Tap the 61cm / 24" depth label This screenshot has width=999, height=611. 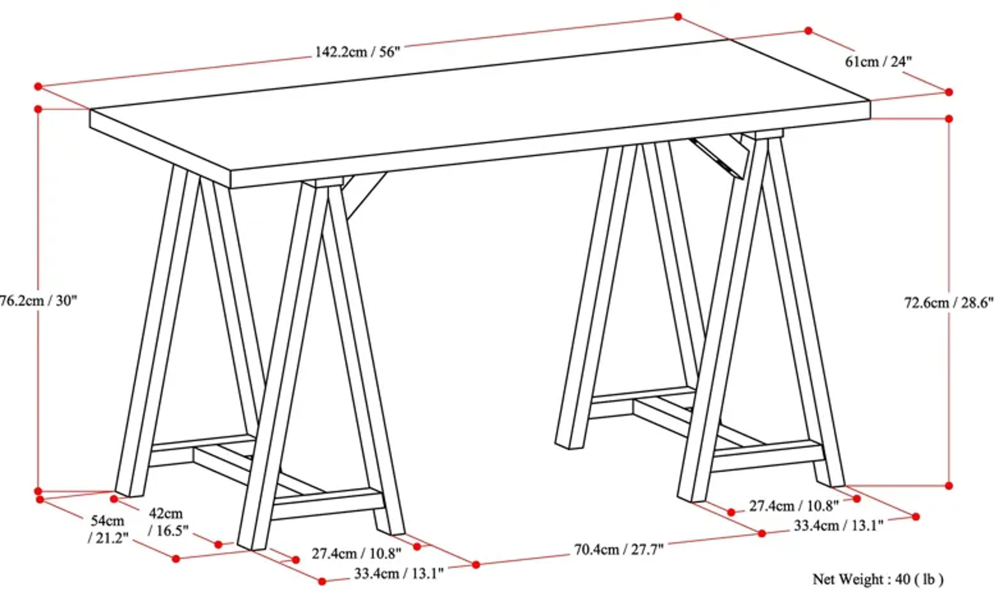[x=878, y=62]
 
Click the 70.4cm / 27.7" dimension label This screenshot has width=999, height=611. [x=619, y=550]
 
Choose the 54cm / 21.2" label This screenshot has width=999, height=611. [x=107, y=529]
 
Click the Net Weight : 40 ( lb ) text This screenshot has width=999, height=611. [x=878, y=579]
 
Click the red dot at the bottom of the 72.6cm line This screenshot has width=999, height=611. [x=949, y=485]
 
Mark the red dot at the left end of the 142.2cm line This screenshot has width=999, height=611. [x=38, y=86]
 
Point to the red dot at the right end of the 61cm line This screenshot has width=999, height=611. [x=949, y=92]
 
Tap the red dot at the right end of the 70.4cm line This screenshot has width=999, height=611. [x=762, y=534]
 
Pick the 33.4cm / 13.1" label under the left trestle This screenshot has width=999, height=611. [x=399, y=574]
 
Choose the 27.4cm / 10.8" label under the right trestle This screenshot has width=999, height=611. [x=793, y=506]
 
